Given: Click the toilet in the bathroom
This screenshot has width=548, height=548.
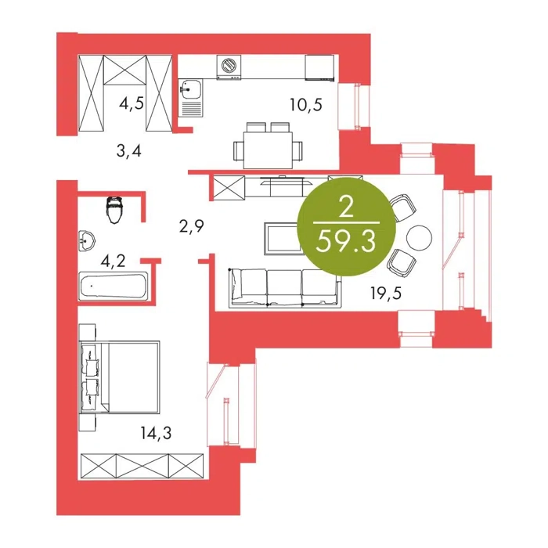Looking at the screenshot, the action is point(115,210).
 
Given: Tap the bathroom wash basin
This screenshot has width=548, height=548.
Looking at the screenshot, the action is point(86,241).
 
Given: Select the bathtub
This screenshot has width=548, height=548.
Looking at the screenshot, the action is point(114,286).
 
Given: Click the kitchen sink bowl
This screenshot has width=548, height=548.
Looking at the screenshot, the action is point(189,88).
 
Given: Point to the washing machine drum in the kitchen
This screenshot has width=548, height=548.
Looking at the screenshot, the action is point(229,65).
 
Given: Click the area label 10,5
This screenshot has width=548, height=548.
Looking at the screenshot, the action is point(306,104).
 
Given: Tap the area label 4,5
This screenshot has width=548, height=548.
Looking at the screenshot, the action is point(132,103).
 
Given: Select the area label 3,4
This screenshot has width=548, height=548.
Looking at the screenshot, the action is point(128,151).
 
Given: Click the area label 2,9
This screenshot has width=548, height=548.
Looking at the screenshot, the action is point(191,226).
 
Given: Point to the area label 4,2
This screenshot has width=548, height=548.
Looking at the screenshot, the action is point(113,261).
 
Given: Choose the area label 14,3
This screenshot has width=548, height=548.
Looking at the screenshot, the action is point(157,434).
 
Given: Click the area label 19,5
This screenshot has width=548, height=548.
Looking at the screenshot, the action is point(386,293).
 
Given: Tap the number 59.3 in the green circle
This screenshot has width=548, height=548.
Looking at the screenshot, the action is point(346,242).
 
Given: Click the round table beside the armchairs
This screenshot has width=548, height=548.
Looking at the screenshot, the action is point(419,238).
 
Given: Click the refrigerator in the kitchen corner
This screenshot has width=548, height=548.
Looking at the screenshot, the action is point(319,67).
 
